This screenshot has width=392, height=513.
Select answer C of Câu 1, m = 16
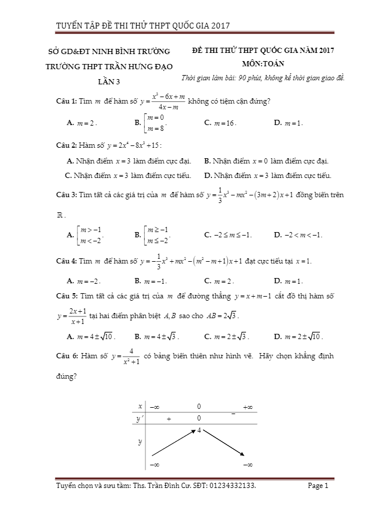point(221,123)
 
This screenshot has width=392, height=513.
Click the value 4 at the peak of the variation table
point(198,430)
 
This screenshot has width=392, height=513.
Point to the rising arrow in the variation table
point(172,443)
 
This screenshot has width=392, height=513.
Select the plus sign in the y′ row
point(169,418)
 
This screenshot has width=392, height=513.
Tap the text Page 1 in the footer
point(318,486)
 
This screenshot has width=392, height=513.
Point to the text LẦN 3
point(108,82)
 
